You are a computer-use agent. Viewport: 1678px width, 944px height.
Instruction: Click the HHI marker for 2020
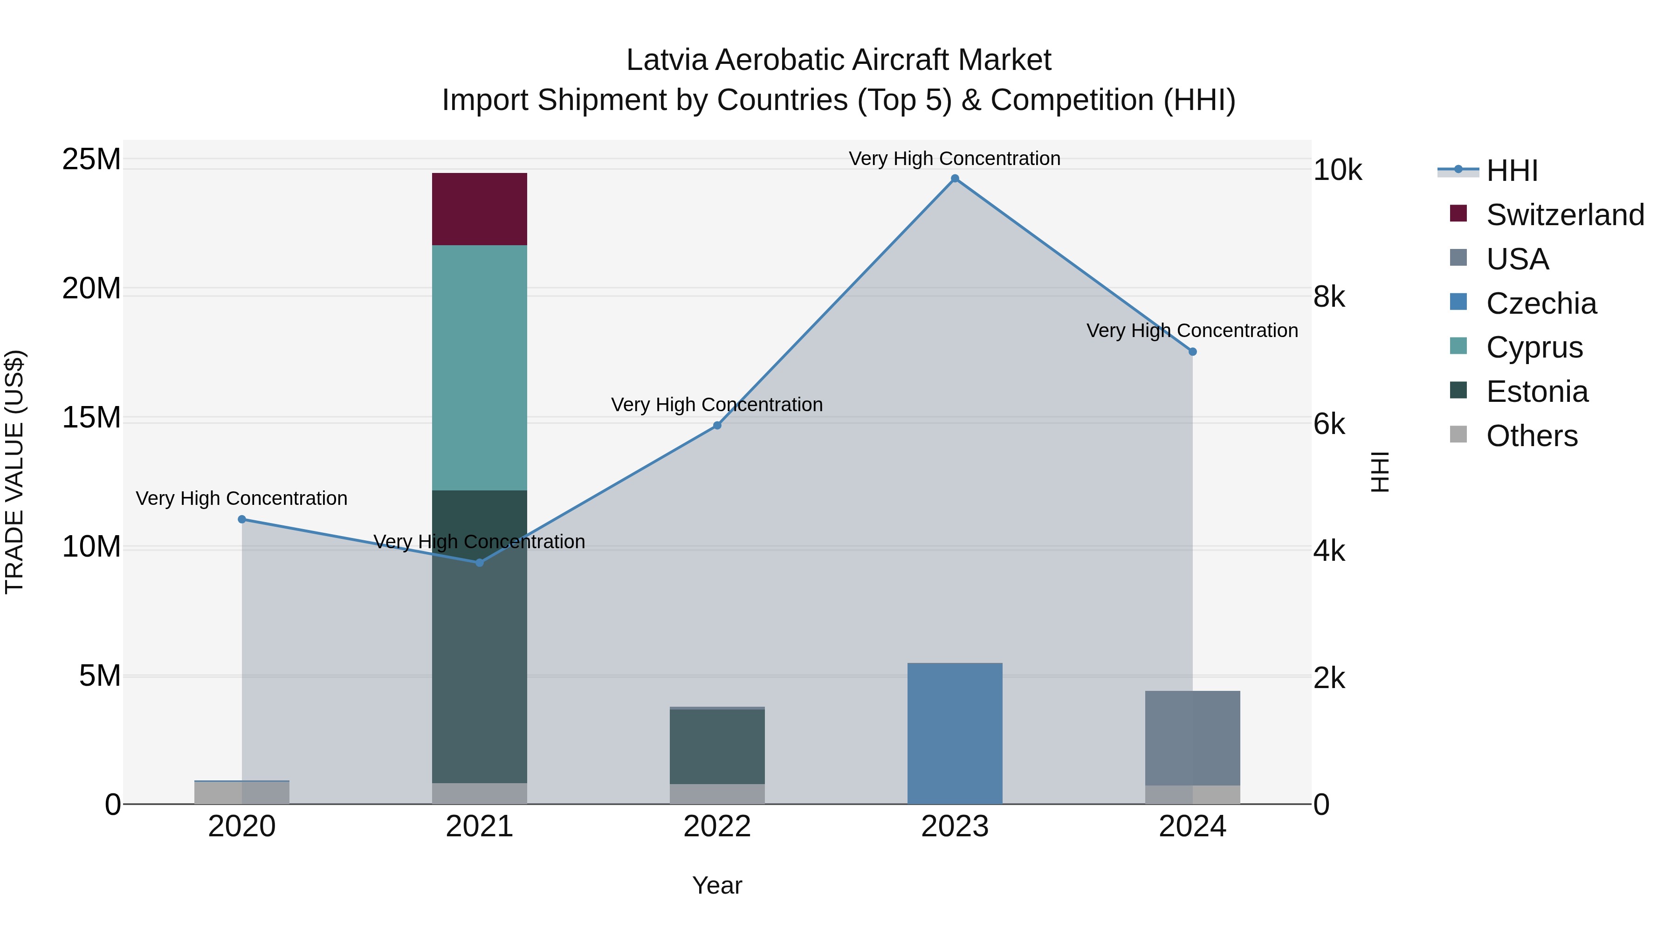click(x=241, y=519)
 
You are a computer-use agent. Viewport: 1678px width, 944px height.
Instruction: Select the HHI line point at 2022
click(x=717, y=426)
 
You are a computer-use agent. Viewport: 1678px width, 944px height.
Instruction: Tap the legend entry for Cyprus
click(x=1534, y=347)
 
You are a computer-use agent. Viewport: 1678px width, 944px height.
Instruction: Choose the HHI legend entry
click(x=1511, y=171)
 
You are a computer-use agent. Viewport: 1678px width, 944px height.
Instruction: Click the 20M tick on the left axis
click(x=91, y=288)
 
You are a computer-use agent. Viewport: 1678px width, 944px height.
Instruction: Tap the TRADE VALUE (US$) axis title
click(x=14, y=472)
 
